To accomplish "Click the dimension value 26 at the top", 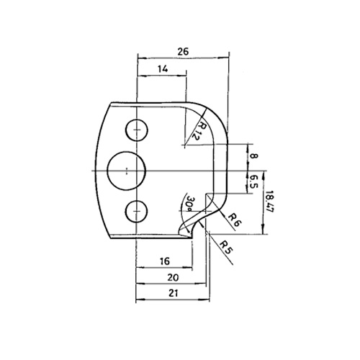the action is pyautogui.click(x=183, y=51).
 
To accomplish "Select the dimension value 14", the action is pyautogui.click(x=163, y=69).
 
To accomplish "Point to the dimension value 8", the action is pyautogui.click(x=253, y=156).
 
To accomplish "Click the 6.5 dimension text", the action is pyautogui.click(x=253, y=182).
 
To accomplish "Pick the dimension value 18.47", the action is pyautogui.click(x=269, y=201).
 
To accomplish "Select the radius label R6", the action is pyautogui.click(x=234, y=220).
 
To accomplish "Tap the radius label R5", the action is pyautogui.click(x=226, y=248).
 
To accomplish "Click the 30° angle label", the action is pyautogui.click(x=189, y=204).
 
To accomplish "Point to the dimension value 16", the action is pyautogui.click(x=165, y=261).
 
